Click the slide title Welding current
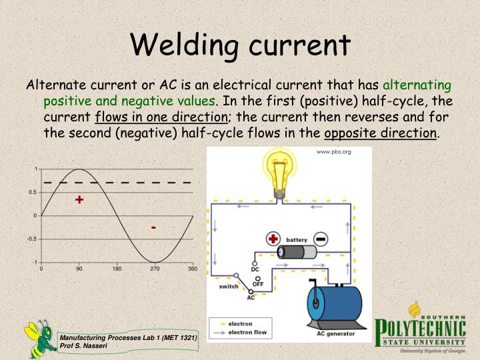(240, 45)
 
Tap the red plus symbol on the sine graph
(80, 199)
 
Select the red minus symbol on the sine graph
(154, 228)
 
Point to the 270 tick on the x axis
(155, 269)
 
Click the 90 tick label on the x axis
(79, 269)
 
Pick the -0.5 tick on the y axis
(32, 239)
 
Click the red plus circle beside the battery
(273, 239)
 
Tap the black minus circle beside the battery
(321, 239)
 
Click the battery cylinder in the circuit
(297, 252)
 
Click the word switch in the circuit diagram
(228, 287)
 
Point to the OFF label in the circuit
(257, 283)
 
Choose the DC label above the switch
(255, 269)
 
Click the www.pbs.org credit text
(333, 152)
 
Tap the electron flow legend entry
(248, 331)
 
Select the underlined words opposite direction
(381, 132)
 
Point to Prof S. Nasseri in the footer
(83, 347)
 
